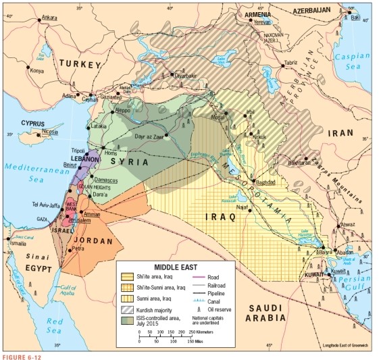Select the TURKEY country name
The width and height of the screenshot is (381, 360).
click(80, 63)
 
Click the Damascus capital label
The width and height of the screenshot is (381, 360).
click(105, 162)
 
